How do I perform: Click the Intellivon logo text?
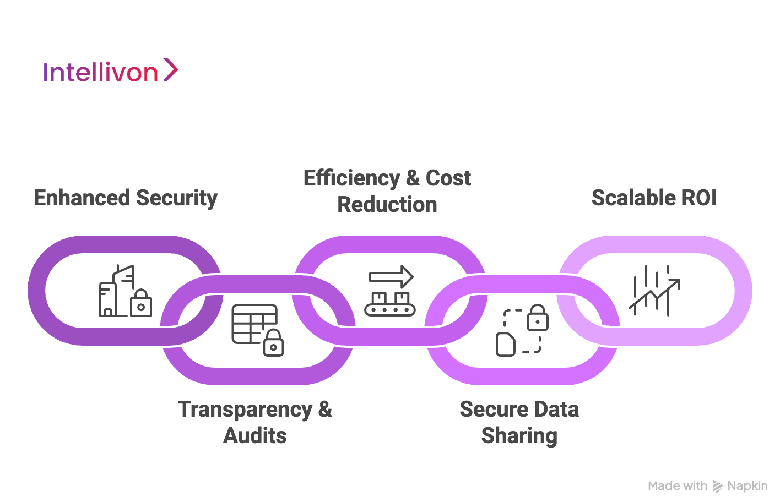[101, 72]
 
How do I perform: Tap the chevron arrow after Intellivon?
[171, 70]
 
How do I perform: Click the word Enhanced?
[82, 198]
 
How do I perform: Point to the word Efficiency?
[351, 178]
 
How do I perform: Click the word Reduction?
[387, 205]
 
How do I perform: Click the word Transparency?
[245, 410]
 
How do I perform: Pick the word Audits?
[255, 435]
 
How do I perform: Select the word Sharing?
[519, 435]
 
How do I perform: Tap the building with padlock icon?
[125, 291]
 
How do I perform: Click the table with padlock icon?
[257, 330]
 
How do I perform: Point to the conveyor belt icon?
[390, 304]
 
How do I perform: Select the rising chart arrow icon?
[654, 291]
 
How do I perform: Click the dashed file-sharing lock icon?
[522, 330]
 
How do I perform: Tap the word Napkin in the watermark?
[747, 486]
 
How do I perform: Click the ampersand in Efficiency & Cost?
[413, 178]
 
